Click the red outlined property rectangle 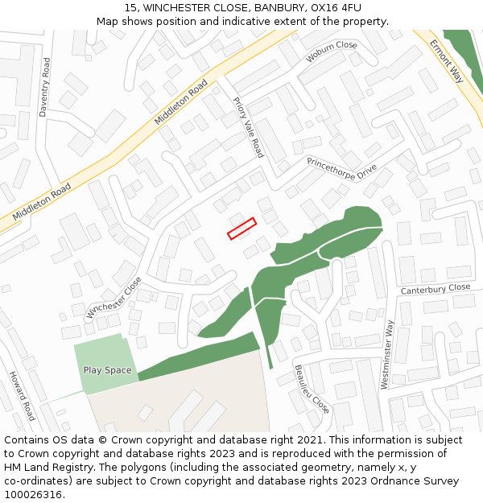click(242, 229)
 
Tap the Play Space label click(107, 370)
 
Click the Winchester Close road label click(114, 299)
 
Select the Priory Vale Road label click(248, 127)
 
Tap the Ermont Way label click(446, 61)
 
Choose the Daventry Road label click(44, 87)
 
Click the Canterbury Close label click(436, 288)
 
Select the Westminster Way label click(388, 355)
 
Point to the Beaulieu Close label click(312, 389)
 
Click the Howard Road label click(22, 396)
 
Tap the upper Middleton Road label click(181, 102)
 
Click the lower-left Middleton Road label click(42, 202)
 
